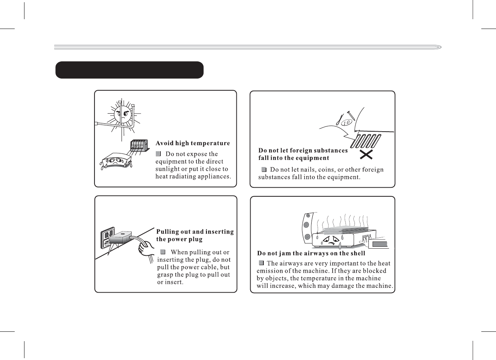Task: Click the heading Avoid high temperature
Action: [193, 143]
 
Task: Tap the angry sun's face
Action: [123, 114]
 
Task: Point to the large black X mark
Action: [366, 155]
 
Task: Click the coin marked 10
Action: [347, 122]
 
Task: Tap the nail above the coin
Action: [351, 115]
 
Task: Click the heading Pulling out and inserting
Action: [195, 232]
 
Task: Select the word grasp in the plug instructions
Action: [165, 275]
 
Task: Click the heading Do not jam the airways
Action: [311, 253]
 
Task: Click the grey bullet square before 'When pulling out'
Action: [163, 252]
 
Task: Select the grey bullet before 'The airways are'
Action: [261, 263]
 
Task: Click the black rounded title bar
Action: [129, 70]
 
